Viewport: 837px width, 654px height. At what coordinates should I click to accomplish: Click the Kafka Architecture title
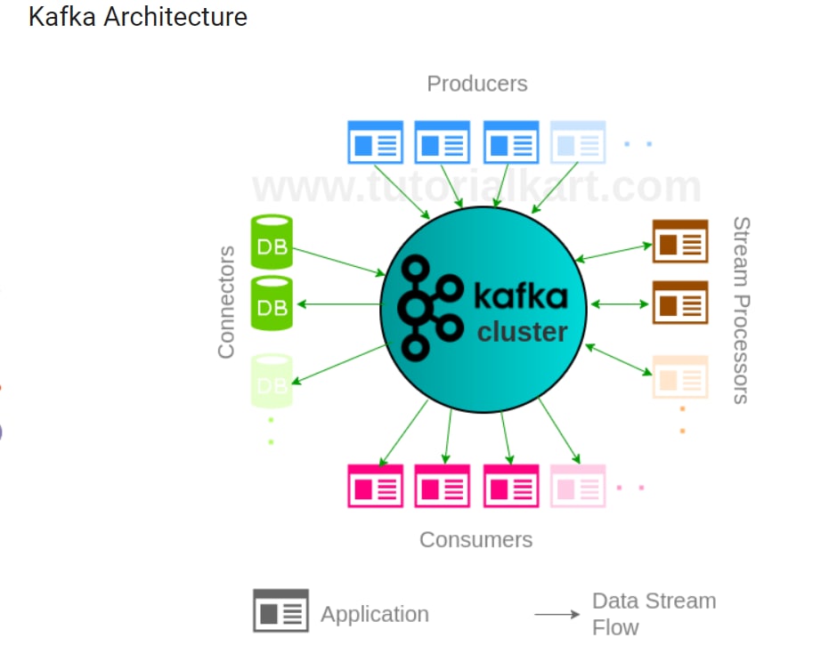click(x=138, y=17)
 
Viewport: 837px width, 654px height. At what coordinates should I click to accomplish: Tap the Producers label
click(x=477, y=84)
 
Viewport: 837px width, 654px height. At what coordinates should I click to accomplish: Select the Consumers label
click(x=476, y=540)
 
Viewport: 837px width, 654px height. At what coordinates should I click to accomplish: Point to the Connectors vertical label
click(x=226, y=302)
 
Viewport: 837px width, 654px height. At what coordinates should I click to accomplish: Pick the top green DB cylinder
click(x=272, y=242)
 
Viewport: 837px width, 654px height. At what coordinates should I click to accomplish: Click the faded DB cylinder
click(x=272, y=381)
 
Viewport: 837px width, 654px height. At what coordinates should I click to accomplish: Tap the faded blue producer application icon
click(x=578, y=141)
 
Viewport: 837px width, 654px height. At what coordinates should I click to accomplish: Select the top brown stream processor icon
click(x=680, y=241)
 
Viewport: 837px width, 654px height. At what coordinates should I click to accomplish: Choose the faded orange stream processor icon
click(x=680, y=377)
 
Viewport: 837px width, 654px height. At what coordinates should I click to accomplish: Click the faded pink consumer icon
click(x=578, y=486)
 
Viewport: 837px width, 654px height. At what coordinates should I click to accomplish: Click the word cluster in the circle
click(x=522, y=332)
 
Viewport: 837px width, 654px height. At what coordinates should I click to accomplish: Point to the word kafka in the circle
click(x=521, y=295)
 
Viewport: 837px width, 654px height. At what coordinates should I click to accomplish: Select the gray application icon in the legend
click(x=280, y=610)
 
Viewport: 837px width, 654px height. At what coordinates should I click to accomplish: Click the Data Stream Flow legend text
click(x=654, y=614)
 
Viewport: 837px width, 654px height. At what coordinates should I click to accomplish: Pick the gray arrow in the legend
click(x=557, y=615)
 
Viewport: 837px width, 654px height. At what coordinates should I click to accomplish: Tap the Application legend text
click(x=375, y=614)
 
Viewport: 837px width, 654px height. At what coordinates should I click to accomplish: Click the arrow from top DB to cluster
click(x=339, y=262)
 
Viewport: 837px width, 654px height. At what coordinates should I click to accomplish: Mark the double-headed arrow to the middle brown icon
click(x=620, y=304)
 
